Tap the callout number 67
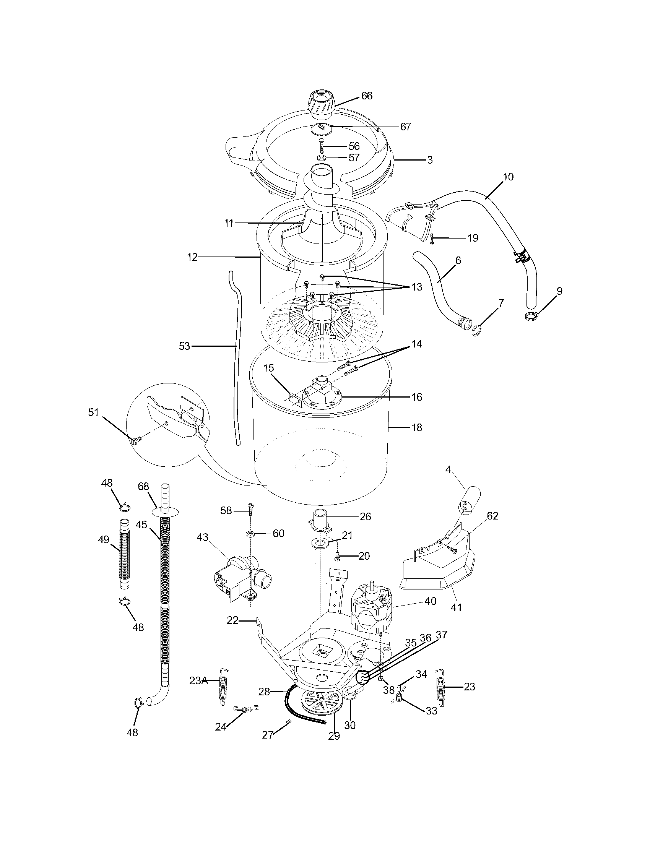[405, 127]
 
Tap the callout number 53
[184, 346]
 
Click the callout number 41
[456, 607]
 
